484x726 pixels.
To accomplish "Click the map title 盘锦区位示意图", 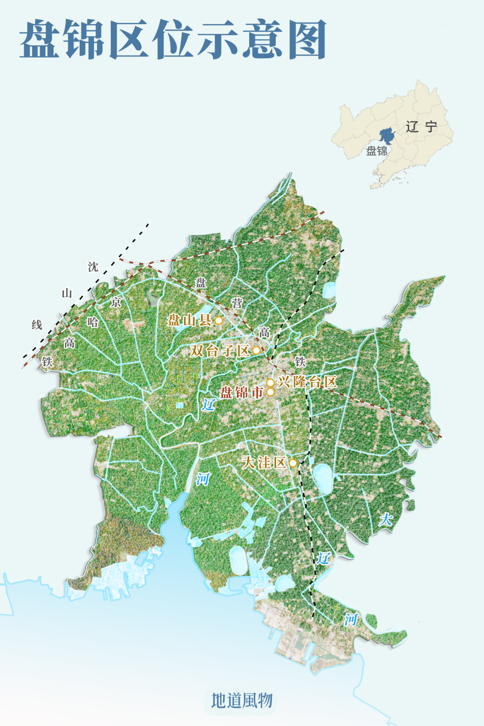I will (x=173, y=39).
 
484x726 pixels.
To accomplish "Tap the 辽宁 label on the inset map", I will (x=421, y=127).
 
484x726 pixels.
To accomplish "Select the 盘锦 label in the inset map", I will (x=376, y=151).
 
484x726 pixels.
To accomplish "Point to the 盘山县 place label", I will (x=189, y=320).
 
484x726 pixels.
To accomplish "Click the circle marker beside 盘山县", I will (x=219, y=320).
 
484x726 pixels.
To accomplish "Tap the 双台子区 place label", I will (x=220, y=350).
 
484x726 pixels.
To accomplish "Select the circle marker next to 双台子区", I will (x=256, y=350).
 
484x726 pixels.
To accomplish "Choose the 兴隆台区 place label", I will (x=307, y=382).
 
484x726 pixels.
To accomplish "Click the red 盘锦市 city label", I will (x=241, y=393).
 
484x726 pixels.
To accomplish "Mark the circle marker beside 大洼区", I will (x=293, y=462).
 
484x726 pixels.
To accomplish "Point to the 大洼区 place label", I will (x=264, y=462).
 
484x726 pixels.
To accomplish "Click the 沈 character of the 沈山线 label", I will (x=93, y=267).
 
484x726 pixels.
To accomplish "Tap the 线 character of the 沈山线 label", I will (x=37, y=324).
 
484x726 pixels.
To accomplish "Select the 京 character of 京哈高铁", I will (x=116, y=302).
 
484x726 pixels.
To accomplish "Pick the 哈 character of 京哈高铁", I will (x=93, y=322).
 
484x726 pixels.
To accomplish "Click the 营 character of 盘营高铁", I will (x=237, y=303).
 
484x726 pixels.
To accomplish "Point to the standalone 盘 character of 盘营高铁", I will (x=200, y=283).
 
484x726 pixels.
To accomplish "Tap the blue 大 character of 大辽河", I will (x=385, y=519).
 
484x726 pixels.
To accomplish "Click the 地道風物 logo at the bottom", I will (x=242, y=700).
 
